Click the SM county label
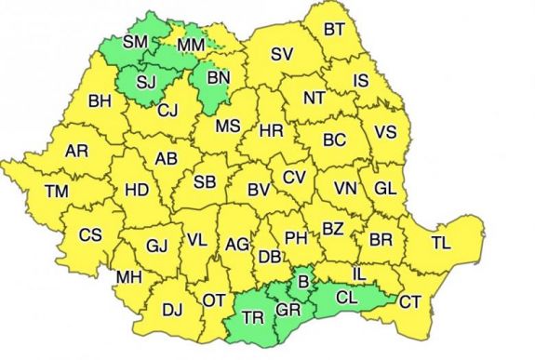coord(136,41)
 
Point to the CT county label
coord(410,300)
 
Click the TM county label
coord(57,192)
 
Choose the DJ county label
coord(172,310)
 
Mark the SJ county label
coord(147,81)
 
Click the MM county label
coord(191,45)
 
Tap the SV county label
coord(282,55)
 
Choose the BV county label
coord(259,191)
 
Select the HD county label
coord(137,190)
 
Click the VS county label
coord(385,133)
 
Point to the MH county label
coord(128,277)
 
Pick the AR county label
coord(77,150)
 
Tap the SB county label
coord(205,181)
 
